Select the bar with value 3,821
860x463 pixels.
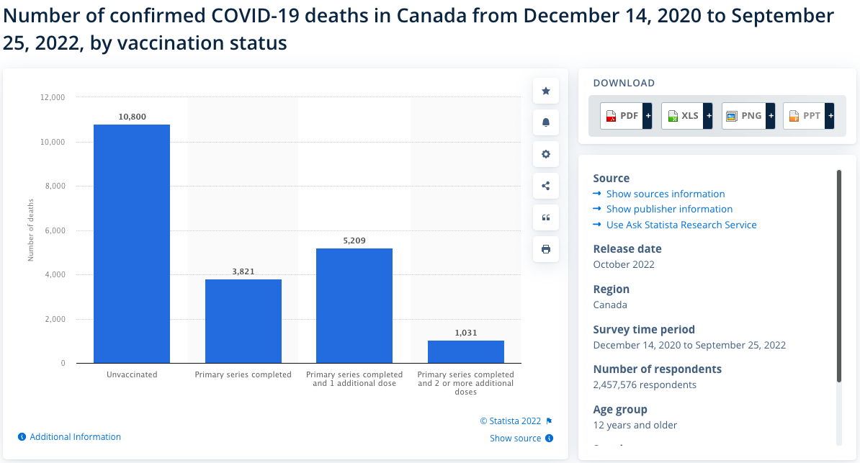pyautogui.click(x=243, y=321)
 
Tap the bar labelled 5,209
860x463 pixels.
pyautogui.click(x=354, y=305)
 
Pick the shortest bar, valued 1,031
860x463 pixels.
pyautogui.click(x=466, y=351)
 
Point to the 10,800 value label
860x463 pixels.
pyautogui.click(x=133, y=116)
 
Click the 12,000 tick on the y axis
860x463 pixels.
pyautogui.click(x=52, y=97)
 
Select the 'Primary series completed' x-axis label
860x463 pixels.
pyautogui.click(x=243, y=374)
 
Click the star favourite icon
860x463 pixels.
pyautogui.click(x=546, y=91)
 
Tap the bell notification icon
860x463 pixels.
pyautogui.click(x=546, y=122)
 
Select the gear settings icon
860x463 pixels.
pyautogui.click(x=546, y=154)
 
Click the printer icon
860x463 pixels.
pyautogui.click(x=546, y=249)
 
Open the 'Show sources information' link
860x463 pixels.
pyautogui.click(x=666, y=194)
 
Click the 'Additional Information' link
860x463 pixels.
pyautogui.click(x=75, y=437)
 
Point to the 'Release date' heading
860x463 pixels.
pyautogui.click(x=627, y=248)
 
